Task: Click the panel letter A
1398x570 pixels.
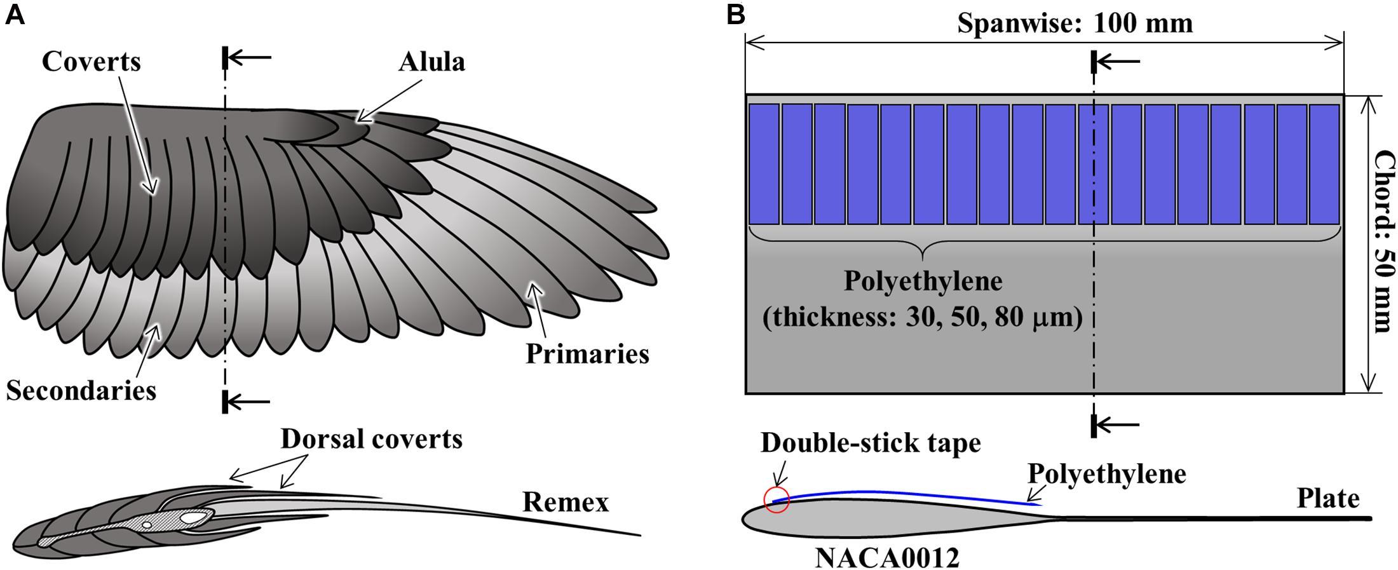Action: pos(15,15)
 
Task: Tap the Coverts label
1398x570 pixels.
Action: pos(92,62)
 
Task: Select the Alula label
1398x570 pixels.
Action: pos(431,62)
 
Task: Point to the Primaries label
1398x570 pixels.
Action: pos(587,354)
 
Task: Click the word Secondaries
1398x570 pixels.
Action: pos(81,390)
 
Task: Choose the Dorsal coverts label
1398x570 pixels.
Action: pos(372,438)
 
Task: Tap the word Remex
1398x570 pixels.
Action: pos(565,502)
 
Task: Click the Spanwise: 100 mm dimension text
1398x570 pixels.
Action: pos(1075,24)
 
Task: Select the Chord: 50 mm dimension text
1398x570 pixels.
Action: pos(1383,241)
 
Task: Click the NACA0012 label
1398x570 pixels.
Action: pos(886,558)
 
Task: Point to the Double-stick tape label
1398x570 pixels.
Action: pos(870,443)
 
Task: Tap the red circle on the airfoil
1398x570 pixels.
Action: pos(777,500)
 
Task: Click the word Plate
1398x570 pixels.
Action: pos(1327,498)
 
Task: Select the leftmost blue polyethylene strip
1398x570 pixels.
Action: pos(764,164)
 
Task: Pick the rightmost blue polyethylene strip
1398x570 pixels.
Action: pos(1324,164)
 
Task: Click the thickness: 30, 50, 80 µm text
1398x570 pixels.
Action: pos(923,317)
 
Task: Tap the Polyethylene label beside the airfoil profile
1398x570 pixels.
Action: pos(1106,474)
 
